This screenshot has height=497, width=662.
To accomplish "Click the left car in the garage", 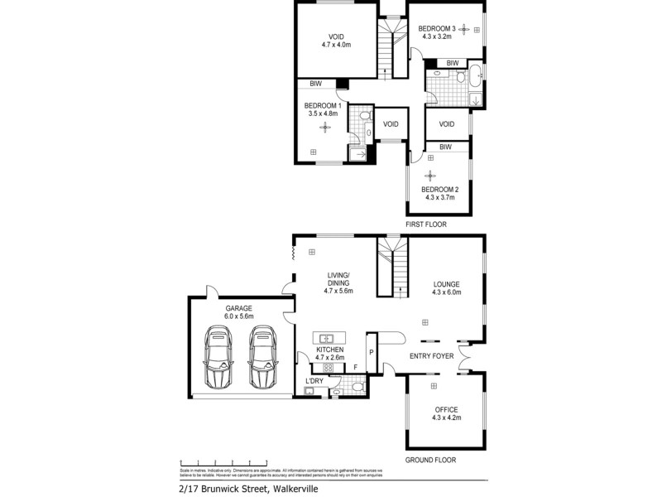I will click(219, 358).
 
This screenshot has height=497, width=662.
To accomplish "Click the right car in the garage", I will click(262, 358).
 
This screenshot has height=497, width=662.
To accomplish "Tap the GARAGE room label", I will click(238, 311).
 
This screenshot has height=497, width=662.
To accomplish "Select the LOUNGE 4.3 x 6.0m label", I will click(446, 288).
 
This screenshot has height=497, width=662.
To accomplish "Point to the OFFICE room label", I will click(446, 413).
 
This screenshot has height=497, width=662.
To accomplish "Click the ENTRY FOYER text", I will click(431, 357).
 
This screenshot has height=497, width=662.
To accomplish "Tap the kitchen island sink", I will click(327, 338).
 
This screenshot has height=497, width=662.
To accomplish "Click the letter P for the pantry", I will click(371, 351).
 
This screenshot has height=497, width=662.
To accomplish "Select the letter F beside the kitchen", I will click(355, 367).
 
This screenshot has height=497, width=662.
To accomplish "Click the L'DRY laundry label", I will click(314, 381).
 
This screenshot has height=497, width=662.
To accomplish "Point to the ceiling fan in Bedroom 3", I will click(463, 30).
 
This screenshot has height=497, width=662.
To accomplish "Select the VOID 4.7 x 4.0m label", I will click(336, 41).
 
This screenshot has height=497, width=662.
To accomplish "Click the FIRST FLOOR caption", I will click(426, 224).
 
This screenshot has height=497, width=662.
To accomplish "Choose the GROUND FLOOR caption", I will click(429, 460).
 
